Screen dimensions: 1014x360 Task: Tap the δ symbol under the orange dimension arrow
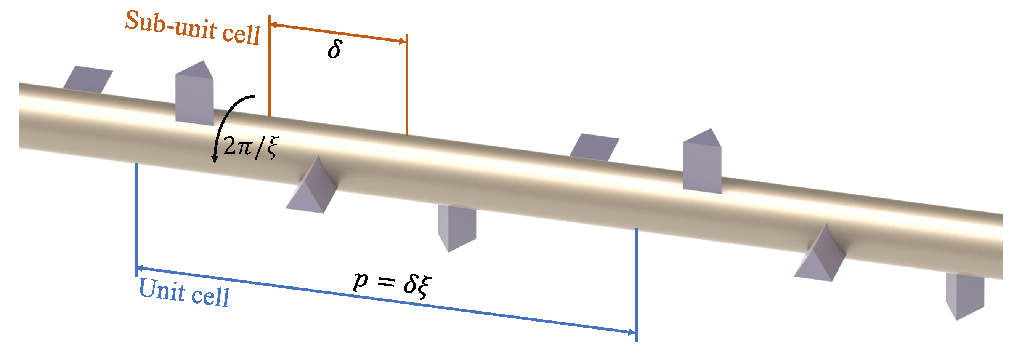coord(334,50)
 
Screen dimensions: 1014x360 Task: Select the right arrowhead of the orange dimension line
coord(402,41)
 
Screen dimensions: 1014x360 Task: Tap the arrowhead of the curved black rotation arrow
coord(215,159)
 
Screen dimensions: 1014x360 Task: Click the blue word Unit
coord(162,290)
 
